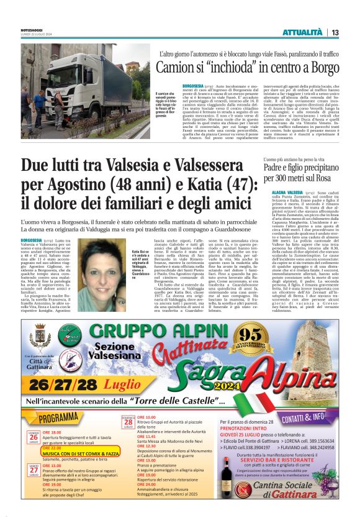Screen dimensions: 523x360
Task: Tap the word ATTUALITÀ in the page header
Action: tap(302, 32)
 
